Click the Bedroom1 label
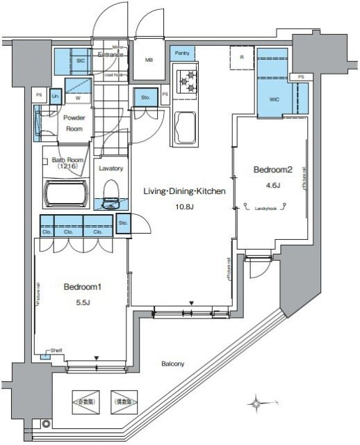point(78,286)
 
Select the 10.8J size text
point(183,207)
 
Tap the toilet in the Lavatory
point(110,194)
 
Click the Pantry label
point(182,54)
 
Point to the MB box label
point(149,60)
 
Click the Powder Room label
point(74,124)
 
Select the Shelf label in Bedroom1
point(56,350)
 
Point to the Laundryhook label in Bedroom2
point(266,207)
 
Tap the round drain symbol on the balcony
point(46,423)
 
